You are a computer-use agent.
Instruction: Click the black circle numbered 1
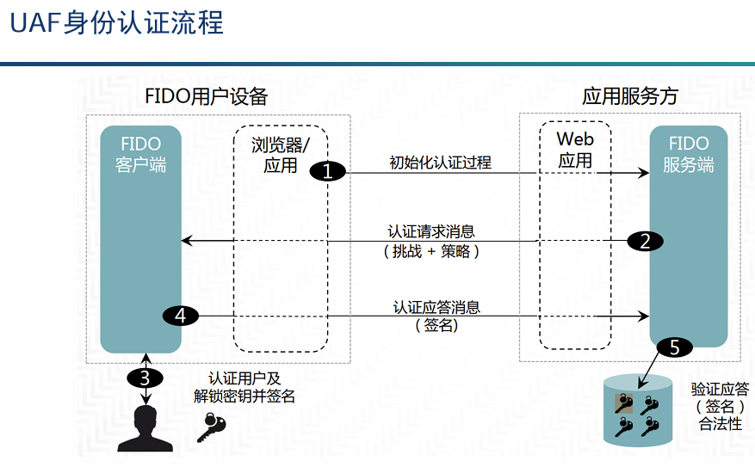click(327, 171)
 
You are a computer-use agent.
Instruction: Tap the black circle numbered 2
click(645, 241)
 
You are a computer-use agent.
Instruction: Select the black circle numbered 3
click(145, 378)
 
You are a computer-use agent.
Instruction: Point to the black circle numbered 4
click(180, 316)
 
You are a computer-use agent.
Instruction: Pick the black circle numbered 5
click(674, 347)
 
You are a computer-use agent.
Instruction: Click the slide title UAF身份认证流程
click(117, 23)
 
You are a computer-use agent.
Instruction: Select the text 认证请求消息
click(431, 232)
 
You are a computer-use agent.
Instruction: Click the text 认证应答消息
click(436, 307)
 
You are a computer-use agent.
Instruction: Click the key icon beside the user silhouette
click(212, 426)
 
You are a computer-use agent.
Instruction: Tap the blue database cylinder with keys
click(638, 410)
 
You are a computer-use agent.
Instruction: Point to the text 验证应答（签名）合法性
click(719, 407)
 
